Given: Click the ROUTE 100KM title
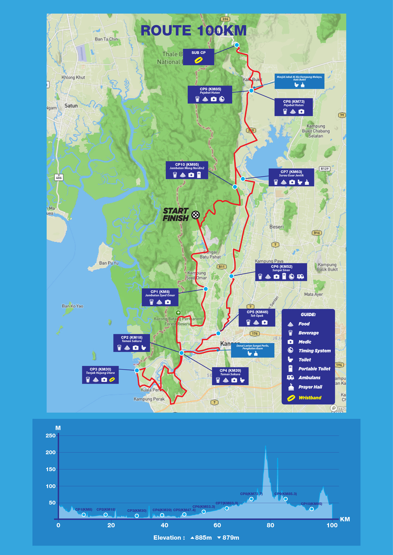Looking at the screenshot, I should pyautogui.click(x=193, y=31).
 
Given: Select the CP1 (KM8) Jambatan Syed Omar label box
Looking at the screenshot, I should pyautogui.click(x=160, y=296).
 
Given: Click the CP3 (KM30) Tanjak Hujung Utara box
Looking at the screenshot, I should pyautogui.click(x=101, y=375).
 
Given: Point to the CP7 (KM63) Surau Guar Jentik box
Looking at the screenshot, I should pyautogui.click(x=291, y=177).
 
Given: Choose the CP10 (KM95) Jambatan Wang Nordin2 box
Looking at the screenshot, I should pyautogui.click(x=186, y=170).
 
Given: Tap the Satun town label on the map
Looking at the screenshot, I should pyautogui.click(x=71, y=106).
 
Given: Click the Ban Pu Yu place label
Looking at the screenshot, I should pyautogui.click(x=109, y=263).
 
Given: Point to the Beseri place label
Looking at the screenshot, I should pyautogui.click(x=276, y=227).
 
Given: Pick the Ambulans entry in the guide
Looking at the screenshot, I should pyautogui.click(x=309, y=378).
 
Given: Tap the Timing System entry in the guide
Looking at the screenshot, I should pyautogui.click(x=314, y=351).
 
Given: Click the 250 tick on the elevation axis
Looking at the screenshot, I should pyautogui.click(x=51, y=436).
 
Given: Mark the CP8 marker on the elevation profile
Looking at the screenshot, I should pyautogui.click(x=252, y=499).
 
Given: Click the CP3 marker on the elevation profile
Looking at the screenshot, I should pyautogui.click(x=137, y=516).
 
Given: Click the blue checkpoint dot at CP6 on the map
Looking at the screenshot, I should pyautogui.click(x=231, y=276).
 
